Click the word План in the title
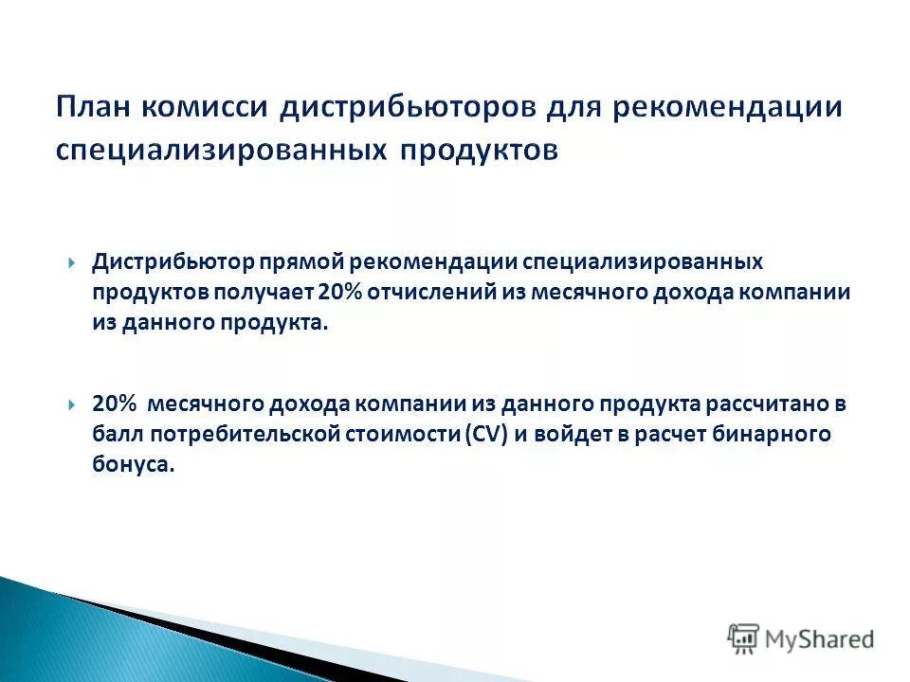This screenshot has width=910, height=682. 94,106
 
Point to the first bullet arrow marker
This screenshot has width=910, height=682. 72,261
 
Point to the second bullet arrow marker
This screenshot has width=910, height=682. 72,404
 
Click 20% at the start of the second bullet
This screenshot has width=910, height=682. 114,404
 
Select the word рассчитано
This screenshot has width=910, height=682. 771,404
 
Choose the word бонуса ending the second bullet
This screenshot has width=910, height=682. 134,466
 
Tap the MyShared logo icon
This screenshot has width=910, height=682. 744,639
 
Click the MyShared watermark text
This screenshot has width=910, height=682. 821,639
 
